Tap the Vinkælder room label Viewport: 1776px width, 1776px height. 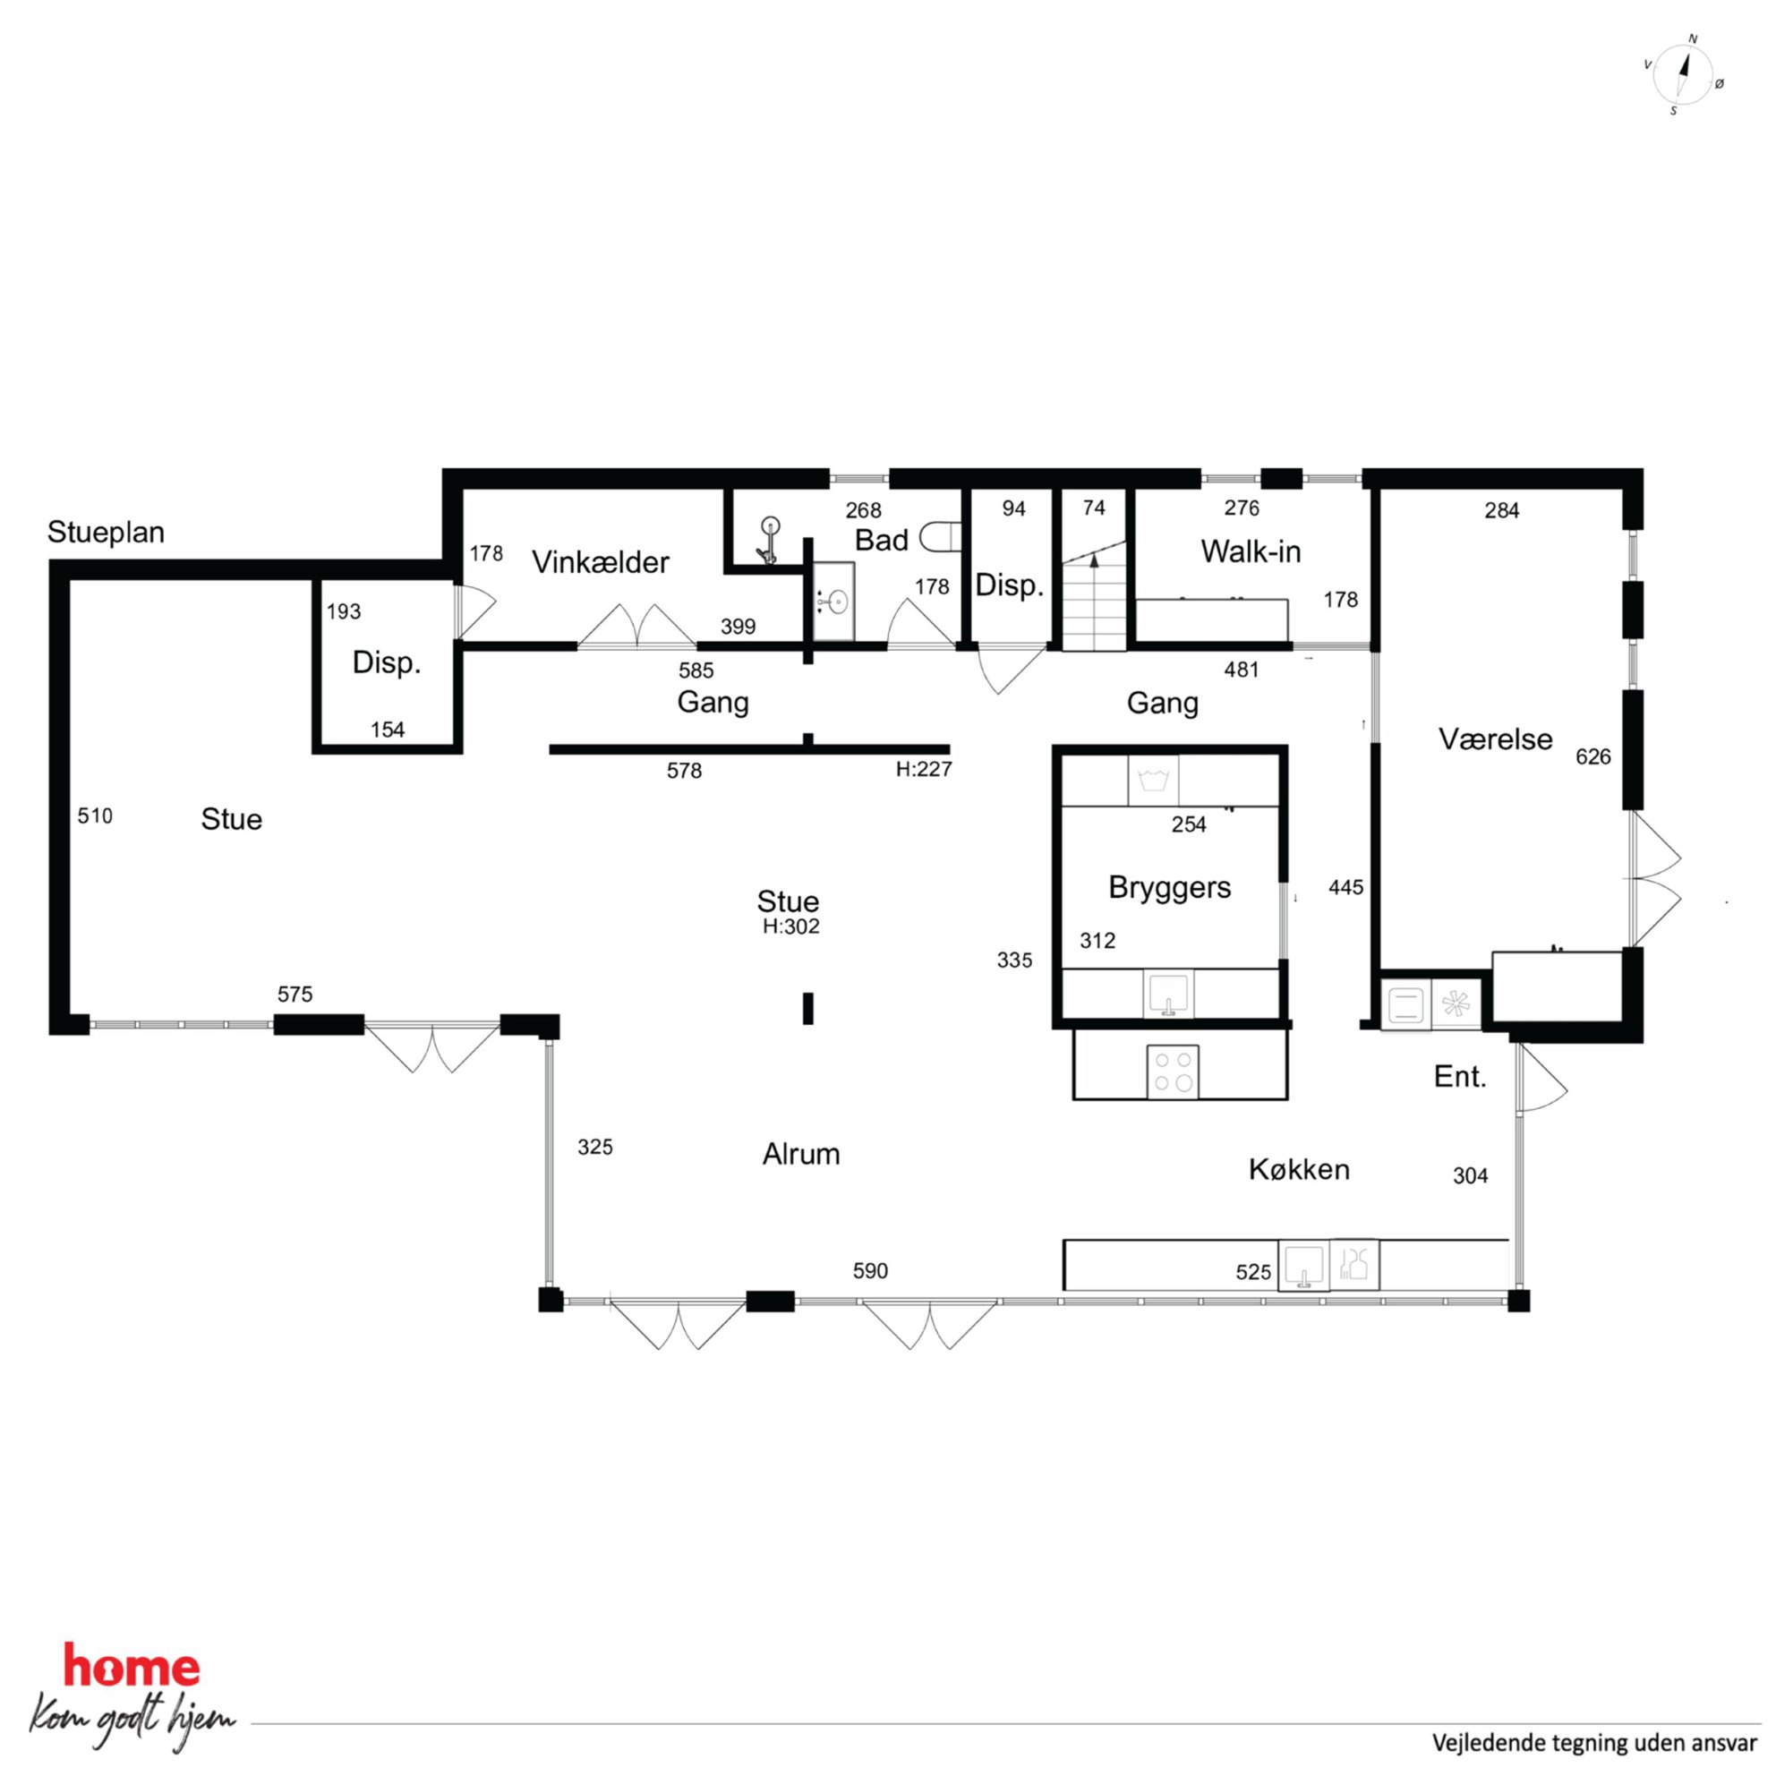click(601, 561)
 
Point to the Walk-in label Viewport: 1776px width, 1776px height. click(1251, 551)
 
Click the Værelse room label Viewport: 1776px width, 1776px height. click(1496, 739)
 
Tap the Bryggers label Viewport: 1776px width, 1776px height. click(1169, 887)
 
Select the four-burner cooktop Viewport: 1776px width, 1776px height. click(1173, 1071)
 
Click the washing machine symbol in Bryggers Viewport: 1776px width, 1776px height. click(1153, 781)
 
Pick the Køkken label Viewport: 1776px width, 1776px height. click(1299, 1169)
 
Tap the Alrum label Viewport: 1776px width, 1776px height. click(800, 1154)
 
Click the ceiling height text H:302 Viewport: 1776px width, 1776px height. click(790, 926)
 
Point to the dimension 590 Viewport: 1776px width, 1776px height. click(870, 1270)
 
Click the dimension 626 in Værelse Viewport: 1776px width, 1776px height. click(1593, 756)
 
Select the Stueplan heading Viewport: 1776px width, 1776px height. click(106, 533)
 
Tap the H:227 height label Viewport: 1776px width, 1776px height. click(924, 769)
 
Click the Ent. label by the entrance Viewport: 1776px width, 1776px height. click(1461, 1077)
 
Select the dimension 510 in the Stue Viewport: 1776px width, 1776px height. click(95, 815)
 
